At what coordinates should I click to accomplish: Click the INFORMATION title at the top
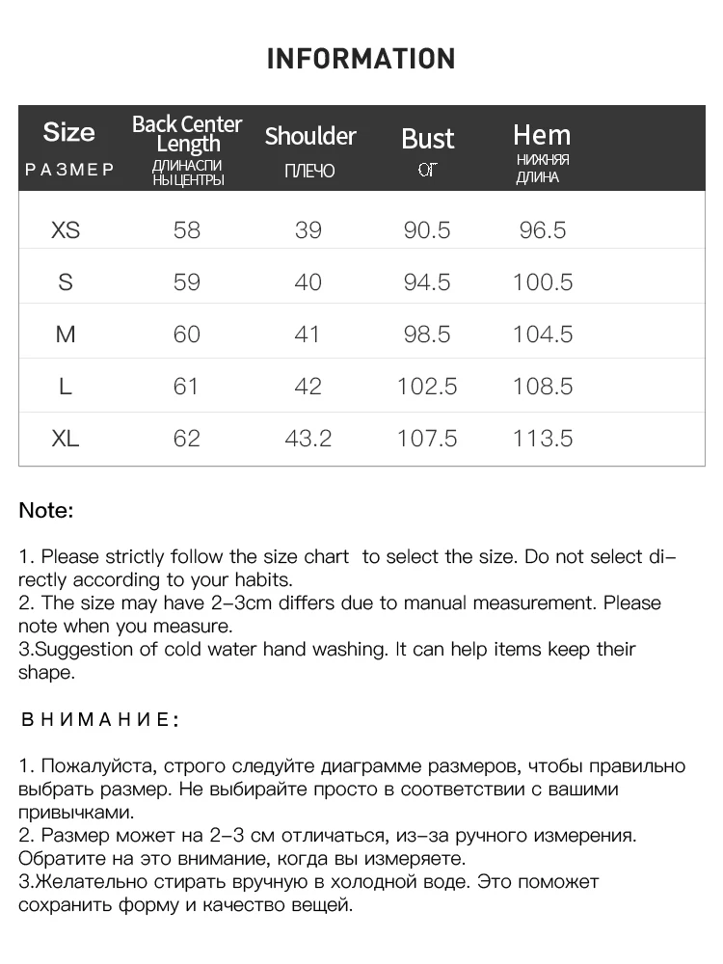361,59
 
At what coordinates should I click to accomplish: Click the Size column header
69,132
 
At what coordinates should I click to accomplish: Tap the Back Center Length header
187,134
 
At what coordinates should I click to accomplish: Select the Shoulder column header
310,136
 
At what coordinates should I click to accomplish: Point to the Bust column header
427,139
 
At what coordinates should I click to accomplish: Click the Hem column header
542,135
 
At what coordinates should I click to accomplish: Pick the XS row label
66,230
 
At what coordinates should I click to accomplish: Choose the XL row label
66,439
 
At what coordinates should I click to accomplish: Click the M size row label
66,335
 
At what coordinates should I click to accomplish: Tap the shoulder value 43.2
308,439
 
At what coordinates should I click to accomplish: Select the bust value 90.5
427,230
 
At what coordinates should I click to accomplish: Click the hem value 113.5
543,439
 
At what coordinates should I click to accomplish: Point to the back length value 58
187,230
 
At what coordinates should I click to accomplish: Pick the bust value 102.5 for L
427,387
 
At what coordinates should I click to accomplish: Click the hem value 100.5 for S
543,282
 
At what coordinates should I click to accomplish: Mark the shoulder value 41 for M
308,335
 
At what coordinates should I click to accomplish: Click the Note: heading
46,511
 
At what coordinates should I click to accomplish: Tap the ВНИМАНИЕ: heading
99,720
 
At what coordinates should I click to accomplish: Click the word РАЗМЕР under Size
69,171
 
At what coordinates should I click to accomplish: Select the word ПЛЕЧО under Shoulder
310,172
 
